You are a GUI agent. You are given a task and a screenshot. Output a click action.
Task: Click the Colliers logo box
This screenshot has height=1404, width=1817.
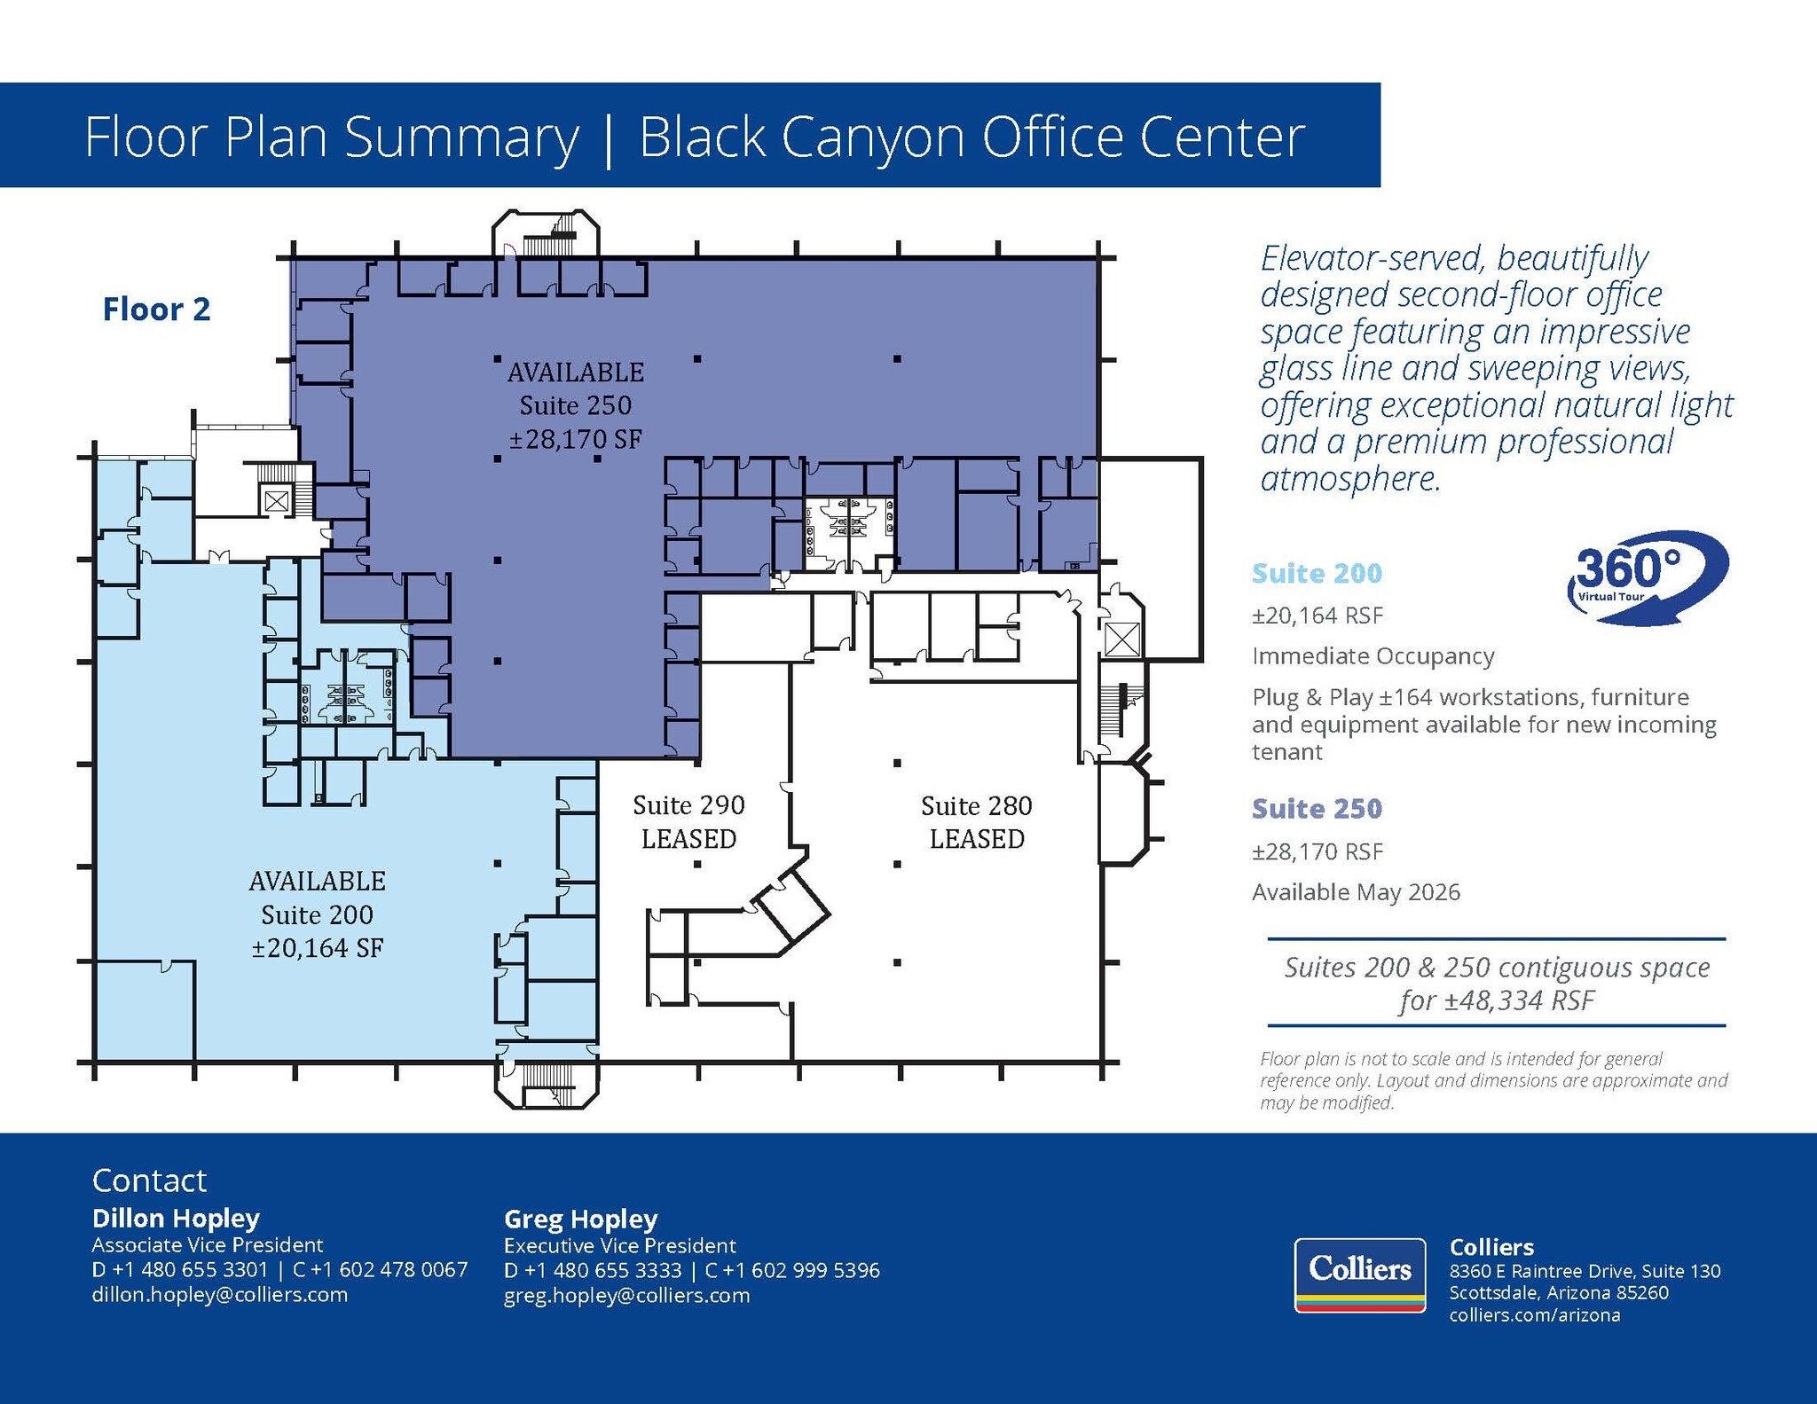(1359, 1275)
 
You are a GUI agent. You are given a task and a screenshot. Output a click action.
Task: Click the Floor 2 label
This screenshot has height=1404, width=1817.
(156, 310)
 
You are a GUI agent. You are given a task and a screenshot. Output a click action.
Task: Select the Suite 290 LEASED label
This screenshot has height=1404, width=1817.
(688, 821)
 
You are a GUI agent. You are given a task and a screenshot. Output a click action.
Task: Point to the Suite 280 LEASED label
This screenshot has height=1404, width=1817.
(976, 821)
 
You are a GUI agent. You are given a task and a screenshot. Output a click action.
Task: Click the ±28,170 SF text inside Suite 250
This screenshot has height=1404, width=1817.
(575, 439)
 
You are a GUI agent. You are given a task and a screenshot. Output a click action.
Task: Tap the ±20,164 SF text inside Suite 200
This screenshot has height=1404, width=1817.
(317, 948)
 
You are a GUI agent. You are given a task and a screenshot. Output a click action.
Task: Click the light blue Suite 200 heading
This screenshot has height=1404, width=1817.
(1317, 573)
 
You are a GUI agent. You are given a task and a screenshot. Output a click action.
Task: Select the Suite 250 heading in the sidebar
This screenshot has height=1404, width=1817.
(1317, 808)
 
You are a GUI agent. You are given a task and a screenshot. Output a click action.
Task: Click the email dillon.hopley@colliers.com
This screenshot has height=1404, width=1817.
(219, 1294)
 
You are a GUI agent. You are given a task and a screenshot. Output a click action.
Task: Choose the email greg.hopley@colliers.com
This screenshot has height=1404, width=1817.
(626, 1295)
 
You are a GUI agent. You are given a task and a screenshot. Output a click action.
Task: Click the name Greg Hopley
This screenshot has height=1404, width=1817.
(580, 1219)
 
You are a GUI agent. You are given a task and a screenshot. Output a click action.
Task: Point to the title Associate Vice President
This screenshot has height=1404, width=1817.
(207, 1244)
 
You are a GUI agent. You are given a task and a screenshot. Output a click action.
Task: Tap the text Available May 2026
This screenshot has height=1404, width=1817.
(1356, 892)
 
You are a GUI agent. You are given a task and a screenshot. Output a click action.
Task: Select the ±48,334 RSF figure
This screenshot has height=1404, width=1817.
(1518, 1001)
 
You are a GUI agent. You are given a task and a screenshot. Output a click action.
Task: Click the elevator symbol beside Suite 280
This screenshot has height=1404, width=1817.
(1122, 639)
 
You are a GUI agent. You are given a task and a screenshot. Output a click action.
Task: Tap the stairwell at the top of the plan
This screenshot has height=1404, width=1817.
(546, 236)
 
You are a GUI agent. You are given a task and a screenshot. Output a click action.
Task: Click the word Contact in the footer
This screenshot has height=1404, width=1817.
(149, 1180)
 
